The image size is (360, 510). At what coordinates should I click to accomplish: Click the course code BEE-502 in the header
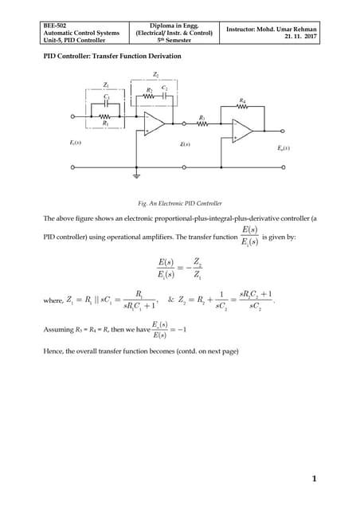tap(55, 25)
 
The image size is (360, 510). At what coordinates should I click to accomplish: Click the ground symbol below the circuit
tap(138, 173)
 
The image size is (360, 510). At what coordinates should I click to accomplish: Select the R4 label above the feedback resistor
tap(242, 101)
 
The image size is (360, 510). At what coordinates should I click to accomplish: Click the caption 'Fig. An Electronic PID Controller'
tap(179, 203)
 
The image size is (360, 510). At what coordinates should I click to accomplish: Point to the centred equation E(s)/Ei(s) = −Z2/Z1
tap(179, 269)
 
